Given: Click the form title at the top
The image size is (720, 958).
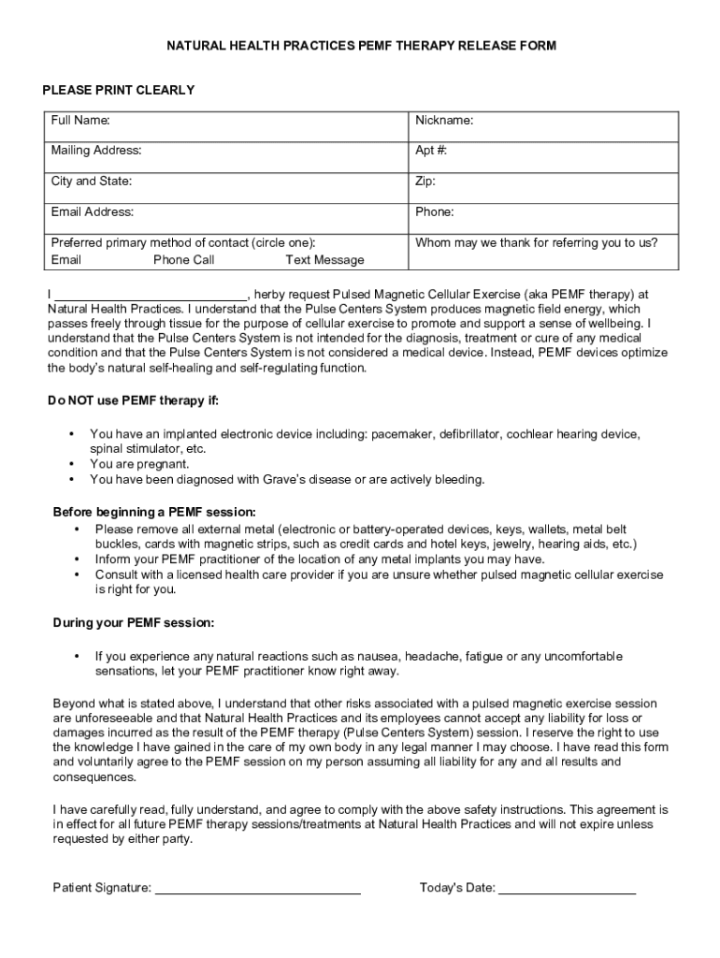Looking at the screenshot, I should tap(361, 45).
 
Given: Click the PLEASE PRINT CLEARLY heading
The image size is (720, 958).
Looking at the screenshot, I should tap(119, 90).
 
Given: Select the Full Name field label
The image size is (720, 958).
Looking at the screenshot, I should tap(80, 121).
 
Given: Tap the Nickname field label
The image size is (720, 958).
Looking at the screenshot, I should tap(444, 121).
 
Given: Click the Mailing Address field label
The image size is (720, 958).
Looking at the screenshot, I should tap(96, 151).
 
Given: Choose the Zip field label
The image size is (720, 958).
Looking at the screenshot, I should tap(425, 181).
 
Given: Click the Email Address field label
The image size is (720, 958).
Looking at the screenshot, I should tap(92, 212).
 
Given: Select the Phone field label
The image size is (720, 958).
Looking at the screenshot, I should tap(435, 212).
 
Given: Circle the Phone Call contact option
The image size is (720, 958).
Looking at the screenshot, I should tap(183, 260).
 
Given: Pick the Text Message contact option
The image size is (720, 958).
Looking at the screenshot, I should tap(324, 260).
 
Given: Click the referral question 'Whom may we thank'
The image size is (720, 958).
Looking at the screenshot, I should tap(536, 242).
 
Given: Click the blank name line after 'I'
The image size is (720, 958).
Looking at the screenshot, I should tap(151, 292).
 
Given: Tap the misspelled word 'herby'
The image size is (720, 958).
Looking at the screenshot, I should tap(270, 292).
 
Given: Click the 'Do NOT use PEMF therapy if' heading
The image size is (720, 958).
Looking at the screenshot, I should tap(134, 401).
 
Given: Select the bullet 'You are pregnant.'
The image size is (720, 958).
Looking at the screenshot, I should tap(139, 464).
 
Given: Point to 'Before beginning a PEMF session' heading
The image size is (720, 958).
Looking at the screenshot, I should tap(153, 513).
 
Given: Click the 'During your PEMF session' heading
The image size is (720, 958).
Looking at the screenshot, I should tap(133, 622).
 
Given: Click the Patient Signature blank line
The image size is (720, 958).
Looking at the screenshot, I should tap(257, 888).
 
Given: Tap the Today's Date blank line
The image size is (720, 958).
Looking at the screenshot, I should tap(567, 888).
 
